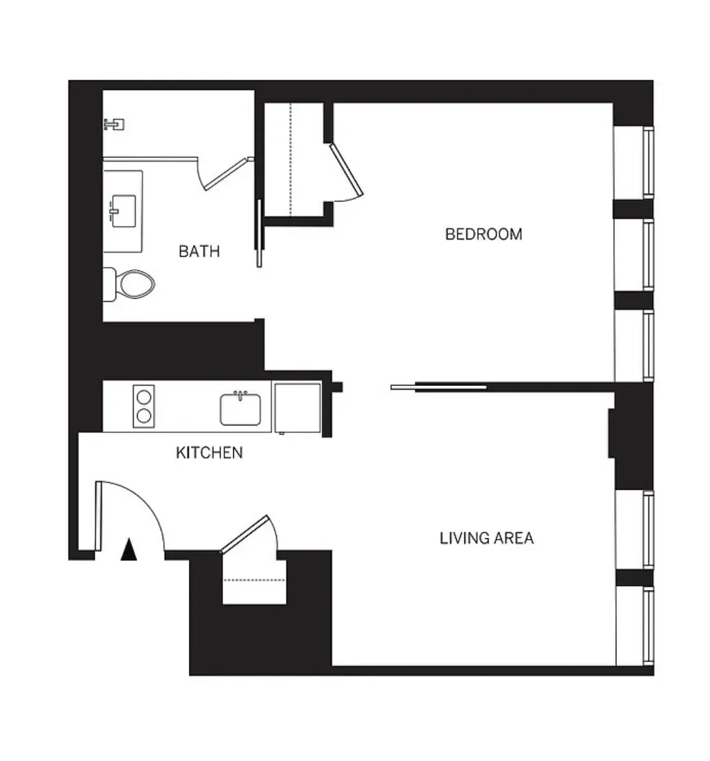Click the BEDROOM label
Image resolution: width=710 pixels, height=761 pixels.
[483, 234]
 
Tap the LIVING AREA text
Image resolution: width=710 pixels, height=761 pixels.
[486, 538]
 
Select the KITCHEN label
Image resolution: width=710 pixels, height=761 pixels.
[209, 452]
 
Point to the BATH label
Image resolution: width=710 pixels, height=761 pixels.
[199, 250]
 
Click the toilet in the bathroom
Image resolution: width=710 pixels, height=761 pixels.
[131, 284]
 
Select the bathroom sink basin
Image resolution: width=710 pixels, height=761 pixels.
[123, 210]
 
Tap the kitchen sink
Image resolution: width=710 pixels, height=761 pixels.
[241, 409]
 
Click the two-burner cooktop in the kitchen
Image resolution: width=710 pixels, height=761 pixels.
[144, 405]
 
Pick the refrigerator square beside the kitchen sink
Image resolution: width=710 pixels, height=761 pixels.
[298, 407]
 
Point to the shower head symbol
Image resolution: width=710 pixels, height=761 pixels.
[114, 125]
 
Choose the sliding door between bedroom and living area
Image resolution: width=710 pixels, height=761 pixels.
[439, 387]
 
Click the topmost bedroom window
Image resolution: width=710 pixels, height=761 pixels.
[648, 163]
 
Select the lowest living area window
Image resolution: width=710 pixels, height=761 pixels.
[648, 625]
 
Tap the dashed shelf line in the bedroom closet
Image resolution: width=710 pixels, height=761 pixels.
[291, 159]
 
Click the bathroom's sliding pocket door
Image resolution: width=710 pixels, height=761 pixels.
[260, 233]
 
